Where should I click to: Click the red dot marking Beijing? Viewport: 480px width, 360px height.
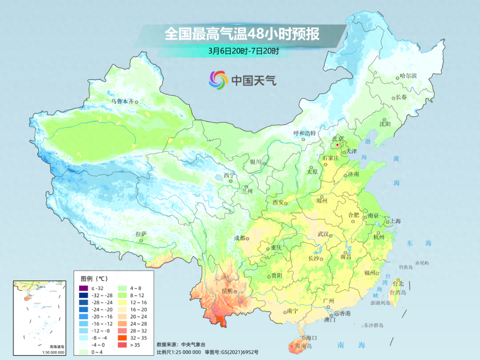[337, 145]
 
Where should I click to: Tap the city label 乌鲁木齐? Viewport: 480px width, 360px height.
[122, 101]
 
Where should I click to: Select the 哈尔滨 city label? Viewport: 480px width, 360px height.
[408, 76]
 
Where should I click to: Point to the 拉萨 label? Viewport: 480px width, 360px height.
[141, 234]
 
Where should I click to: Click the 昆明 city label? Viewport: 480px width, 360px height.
[227, 291]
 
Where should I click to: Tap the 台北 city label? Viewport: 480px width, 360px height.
[398, 284]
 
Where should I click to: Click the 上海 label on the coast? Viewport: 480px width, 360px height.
[395, 221]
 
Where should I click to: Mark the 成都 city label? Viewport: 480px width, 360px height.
[240, 238]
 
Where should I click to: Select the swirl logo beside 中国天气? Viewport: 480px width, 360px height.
[218, 80]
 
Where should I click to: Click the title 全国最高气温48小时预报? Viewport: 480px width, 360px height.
[242, 34]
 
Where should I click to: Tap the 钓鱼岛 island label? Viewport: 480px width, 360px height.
[406, 267]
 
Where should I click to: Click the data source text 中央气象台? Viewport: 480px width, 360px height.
[192, 344]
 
